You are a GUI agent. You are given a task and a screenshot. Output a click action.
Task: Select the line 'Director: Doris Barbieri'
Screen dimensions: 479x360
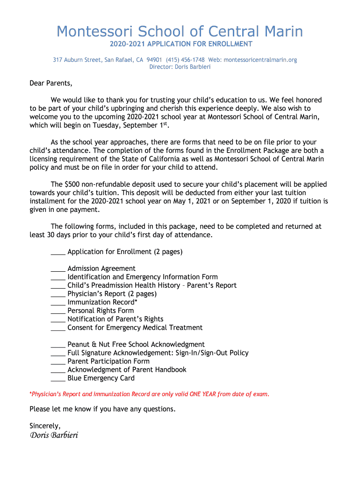click(x=180, y=67)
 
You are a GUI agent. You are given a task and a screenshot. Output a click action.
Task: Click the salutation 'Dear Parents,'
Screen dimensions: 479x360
click(x=51, y=83)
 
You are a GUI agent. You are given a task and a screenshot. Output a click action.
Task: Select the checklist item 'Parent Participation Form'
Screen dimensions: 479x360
click(x=108, y=361)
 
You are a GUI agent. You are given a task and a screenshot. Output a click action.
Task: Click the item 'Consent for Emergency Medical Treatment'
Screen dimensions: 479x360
click(x=135, y=327)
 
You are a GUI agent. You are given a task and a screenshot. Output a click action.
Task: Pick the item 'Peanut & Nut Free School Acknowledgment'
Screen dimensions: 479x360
click(x=136, y=344)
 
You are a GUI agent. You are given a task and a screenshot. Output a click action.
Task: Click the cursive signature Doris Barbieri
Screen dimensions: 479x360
click(x=54, y=435)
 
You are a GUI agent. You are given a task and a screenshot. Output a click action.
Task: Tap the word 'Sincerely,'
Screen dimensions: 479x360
click(x=45, y=426)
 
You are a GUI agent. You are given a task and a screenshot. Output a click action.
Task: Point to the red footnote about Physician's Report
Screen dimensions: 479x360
click(x=150, y=394)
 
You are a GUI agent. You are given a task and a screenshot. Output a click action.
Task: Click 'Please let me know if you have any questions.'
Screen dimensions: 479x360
click(x=102, y=409)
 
